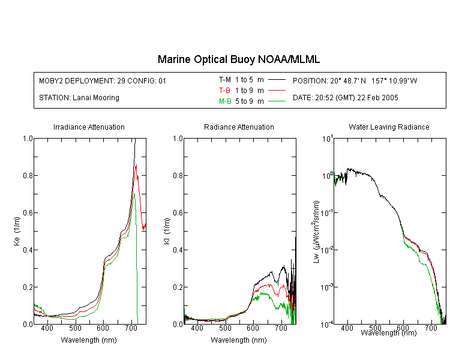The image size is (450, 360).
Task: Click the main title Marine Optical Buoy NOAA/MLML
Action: click(x=238, y=59)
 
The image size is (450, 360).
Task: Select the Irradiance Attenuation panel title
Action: click(x=89, y=127)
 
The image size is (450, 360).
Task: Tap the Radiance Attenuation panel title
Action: click(x=239, y=127)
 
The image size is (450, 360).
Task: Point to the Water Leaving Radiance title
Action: click(x=389, y=127)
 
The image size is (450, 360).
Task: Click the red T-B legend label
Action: click(x=224, y=91)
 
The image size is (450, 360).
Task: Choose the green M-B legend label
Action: click(x=225, y=101)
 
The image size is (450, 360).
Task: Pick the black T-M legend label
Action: click(x=225, y=80)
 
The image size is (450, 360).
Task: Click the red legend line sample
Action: click(x=277, y=91)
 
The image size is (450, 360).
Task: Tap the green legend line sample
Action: click(x=277, y=101)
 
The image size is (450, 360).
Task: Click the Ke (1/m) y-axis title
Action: click(x=17, y=231)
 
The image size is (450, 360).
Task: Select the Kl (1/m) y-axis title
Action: click(x=167, y=231)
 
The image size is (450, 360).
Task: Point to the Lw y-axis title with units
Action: click(x=316, y=232)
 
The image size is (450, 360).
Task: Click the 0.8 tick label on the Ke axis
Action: click(x=28, y=175)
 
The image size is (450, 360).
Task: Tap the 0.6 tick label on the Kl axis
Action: click(x=178, y=213)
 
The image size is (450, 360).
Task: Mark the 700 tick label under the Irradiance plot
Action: click(x=131, y=328)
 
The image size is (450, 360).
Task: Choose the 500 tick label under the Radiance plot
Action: click(x=225, y=328)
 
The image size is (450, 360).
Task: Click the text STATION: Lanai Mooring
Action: click(x=79, y=98)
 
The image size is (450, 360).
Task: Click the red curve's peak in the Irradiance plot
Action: click(x=136, y=165)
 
